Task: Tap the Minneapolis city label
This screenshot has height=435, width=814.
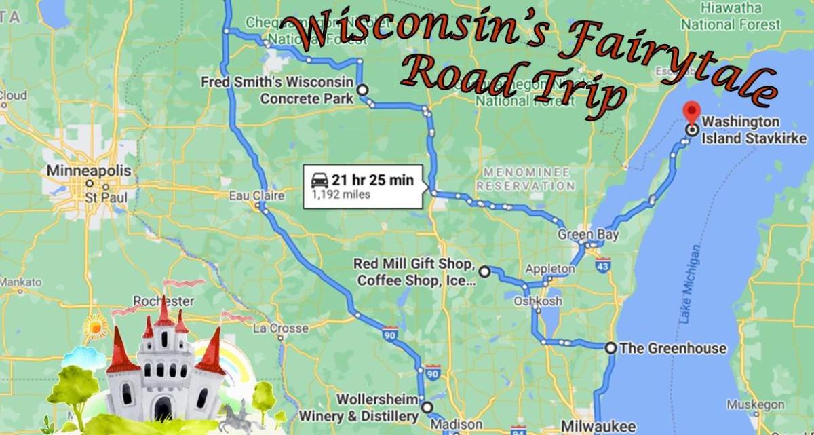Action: (89, 171)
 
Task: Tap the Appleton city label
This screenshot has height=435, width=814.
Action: (549, 269)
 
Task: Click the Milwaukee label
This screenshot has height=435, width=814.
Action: (599, 426)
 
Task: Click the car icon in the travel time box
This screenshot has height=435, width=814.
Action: (319, 180)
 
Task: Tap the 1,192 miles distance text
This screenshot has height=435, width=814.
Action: (341, 195)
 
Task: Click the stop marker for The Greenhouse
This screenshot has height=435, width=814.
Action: (610, 348)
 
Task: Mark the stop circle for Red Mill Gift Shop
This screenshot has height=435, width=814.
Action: (484, 271)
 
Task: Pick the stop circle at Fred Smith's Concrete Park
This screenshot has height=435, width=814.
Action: (362, 89)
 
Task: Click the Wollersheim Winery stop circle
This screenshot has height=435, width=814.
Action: (426, 407)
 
